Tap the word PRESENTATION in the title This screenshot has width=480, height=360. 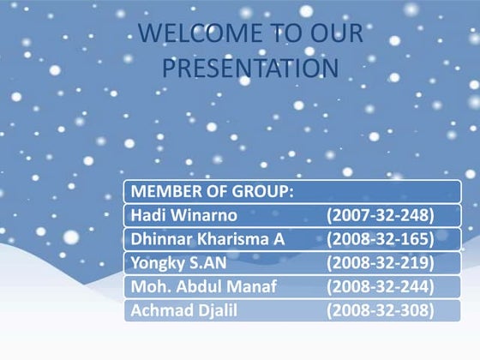(249, 67)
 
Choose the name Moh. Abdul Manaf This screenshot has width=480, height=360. (202, 286)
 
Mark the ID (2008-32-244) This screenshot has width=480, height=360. (381, 286)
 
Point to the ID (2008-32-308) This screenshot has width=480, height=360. (381, 309)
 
